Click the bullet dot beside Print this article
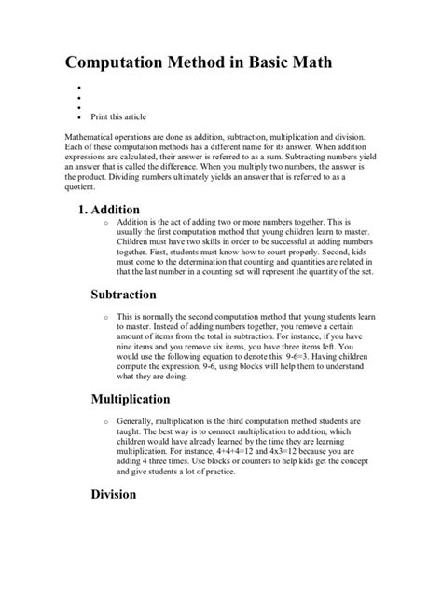[x=80, y=119]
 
